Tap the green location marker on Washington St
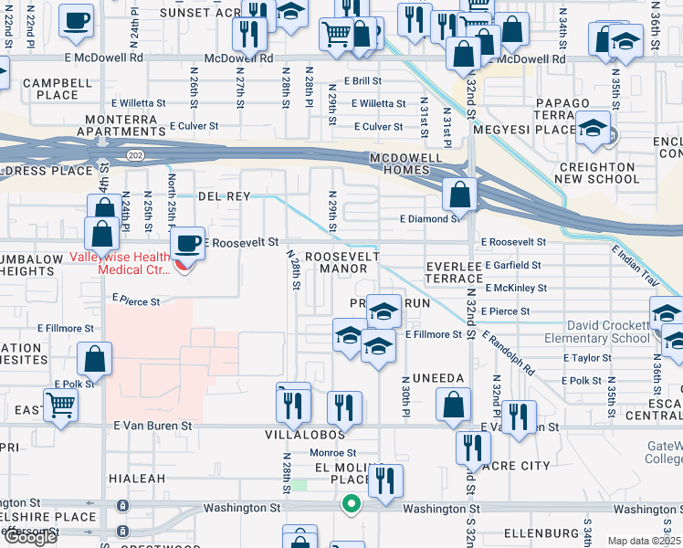click(351, 503)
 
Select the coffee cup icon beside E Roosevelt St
click(188, 245)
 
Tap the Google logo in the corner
click(29, 537)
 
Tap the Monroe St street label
click(332, 452)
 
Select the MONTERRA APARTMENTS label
click(128, 126)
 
